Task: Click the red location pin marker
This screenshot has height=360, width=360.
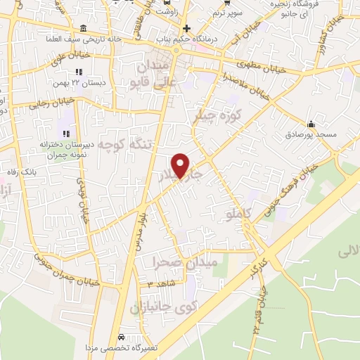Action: [x=181, y=166]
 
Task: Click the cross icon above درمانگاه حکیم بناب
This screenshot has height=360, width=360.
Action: [x=186, y=28]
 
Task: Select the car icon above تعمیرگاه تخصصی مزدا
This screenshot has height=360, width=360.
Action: [x=122, y=337]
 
